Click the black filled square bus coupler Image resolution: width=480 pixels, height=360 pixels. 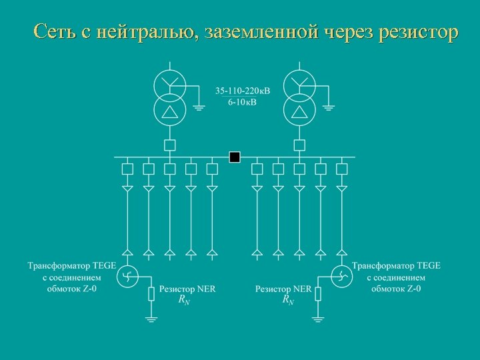[x=234, y=157]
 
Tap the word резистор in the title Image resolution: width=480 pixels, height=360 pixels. [x=418, y=31]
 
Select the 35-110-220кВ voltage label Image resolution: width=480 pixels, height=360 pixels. [x=243, y=91]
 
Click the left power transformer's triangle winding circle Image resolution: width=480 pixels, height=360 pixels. [x=170, y=109]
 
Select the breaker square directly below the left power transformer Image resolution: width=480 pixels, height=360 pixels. [x=170, y=145]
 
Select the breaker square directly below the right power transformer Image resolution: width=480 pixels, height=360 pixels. [x=299, y=145]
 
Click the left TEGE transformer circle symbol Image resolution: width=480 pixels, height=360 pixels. [x=127, y=276]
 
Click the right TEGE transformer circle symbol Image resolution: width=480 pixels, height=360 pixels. [x=341, y=276]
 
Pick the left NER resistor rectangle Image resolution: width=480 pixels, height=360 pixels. [x=151, y=293]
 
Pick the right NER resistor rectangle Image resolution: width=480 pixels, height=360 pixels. [x=318, y=293]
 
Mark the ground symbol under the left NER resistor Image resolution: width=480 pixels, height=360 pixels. [x=151, y=319]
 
